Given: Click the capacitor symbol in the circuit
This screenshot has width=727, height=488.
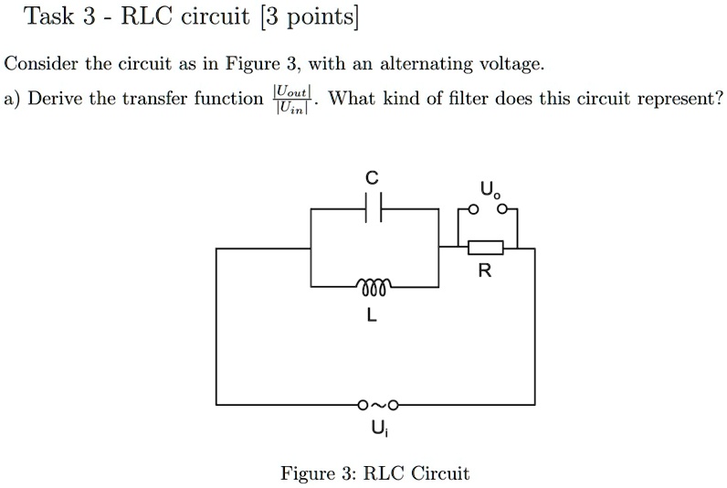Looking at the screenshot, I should click(373, 210).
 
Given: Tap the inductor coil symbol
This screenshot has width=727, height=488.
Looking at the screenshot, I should click(373, 283).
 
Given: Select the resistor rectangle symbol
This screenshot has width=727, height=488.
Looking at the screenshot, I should click(485, 247).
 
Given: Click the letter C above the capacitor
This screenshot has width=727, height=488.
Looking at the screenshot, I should click(372, 178).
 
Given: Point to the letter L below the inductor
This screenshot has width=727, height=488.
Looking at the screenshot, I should click(371, 316).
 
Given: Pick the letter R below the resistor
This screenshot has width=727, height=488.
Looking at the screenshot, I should click(484, 271).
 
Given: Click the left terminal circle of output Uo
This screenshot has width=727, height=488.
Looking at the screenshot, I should click(472, 209).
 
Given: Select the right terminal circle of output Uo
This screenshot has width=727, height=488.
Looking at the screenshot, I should click(501, 209).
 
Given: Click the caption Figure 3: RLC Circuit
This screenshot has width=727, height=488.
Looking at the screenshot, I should click(374, 473).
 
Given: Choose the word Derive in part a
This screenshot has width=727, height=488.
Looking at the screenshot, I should click(57, 98).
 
